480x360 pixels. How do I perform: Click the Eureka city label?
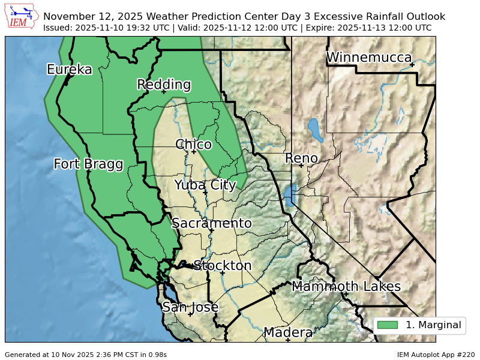point(70,70)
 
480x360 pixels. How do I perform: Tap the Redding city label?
point(164,85)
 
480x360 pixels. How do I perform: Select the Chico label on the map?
point(193,145)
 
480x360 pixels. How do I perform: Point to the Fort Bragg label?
point(88,164)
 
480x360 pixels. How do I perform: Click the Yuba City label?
point(205,185)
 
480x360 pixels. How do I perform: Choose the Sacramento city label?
point(212,223)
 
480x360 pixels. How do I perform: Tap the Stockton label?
point(223,265)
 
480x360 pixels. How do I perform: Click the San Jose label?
point(190,307)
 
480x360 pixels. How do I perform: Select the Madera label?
point(288,332)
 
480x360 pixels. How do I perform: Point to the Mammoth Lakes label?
point(346,286)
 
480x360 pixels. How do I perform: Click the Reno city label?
point(301,158)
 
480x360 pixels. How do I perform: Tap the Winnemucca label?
point(369,58)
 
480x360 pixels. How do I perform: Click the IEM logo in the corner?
point(22,17)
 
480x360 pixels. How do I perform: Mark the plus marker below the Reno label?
point(301,166)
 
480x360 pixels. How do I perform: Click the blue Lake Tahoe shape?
point(290,196)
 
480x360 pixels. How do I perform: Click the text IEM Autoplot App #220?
point(436,355)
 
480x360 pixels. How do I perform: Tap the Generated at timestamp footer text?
point(86,355)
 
